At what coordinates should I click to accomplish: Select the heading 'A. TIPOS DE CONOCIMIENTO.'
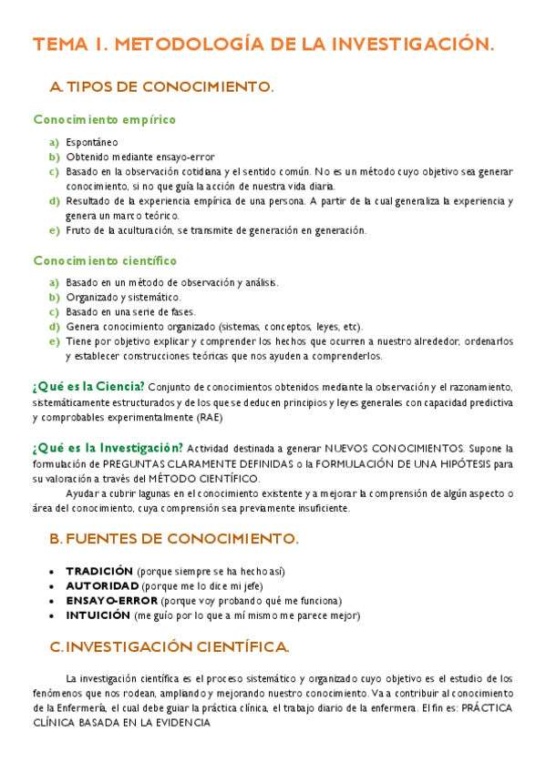[x=161, y=87]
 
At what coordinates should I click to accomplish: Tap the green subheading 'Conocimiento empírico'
[x=105, y=119]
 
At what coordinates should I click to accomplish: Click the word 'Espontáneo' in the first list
[x=92, y=142]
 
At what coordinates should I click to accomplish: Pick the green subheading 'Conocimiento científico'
[x=106, y=260]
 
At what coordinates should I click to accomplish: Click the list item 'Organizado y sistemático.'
[x=123, y=297]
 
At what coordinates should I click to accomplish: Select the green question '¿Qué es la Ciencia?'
[x=88, y=386]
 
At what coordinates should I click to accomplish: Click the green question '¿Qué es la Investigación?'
[x=108, y=447]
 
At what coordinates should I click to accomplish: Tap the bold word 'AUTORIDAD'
[x=102, y=585]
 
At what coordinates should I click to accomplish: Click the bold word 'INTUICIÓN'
[x=98, y=615]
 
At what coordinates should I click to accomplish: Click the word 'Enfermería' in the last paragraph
[x=59, y=707]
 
